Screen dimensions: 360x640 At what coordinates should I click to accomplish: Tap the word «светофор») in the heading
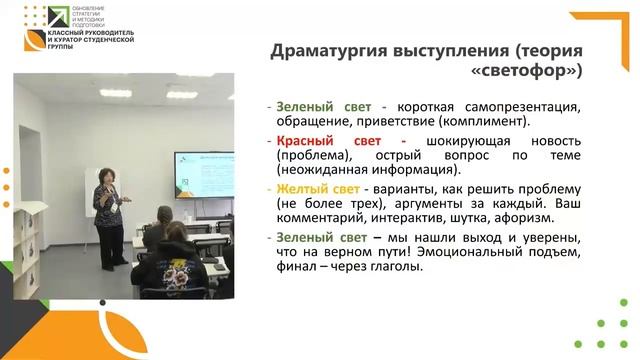pyautogui.click(x=526, y=72)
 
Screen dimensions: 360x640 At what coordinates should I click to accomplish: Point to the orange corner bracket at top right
pyautogui.click(x=609, y=30)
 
